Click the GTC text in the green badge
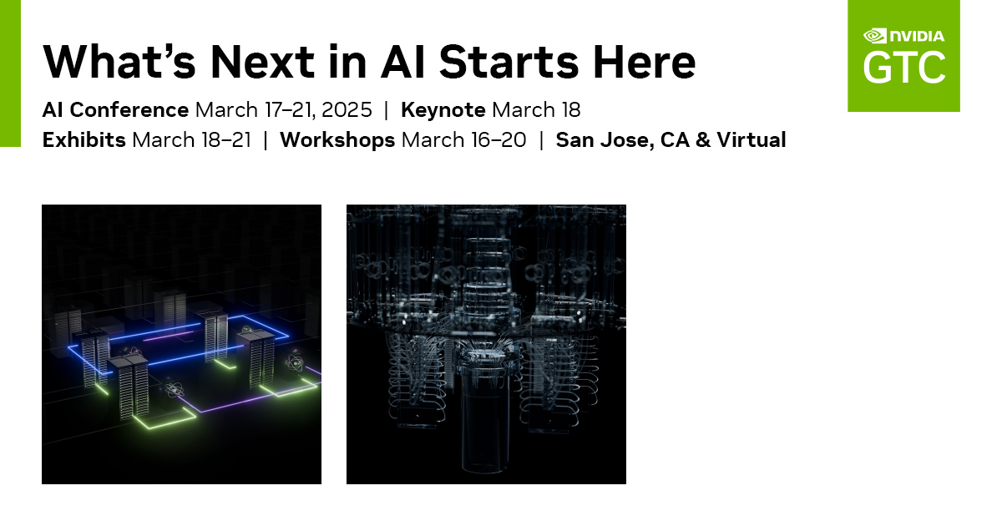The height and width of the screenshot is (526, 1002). coord(904,68)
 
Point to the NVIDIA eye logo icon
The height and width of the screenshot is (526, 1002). coord(874,36)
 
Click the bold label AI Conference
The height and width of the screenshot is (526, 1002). coord(115,109)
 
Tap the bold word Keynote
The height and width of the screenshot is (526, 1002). coord(443,109)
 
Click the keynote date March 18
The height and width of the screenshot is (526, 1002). coord(536,109)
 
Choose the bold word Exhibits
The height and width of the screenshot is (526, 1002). coord(84,139)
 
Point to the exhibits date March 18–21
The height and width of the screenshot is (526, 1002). coord(191,139)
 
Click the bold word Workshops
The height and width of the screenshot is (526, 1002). coord(337,139)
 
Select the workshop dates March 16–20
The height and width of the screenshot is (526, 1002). coord(463,139)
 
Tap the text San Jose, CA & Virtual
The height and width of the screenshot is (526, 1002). coord(671,139)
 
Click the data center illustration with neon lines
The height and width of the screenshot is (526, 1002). coord(181,344)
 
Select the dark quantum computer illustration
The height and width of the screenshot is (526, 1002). coord(486,344)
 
